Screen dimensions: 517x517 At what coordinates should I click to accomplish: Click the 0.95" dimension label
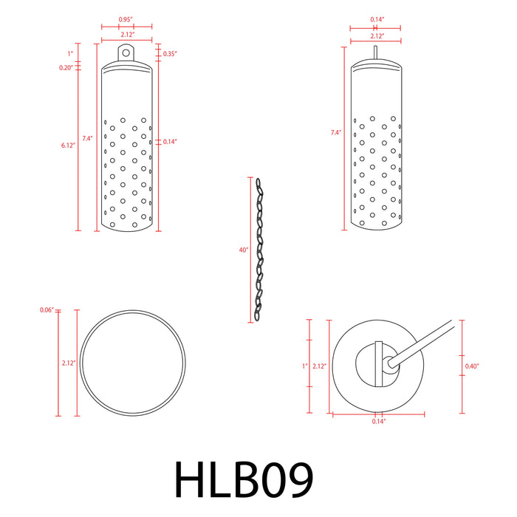click(x=126, y=19)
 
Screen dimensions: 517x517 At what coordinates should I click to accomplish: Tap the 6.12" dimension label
click(x=68, y=145)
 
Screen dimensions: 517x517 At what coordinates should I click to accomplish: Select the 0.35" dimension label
click(x=169, y=53)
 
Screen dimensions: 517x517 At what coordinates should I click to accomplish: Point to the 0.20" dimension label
click(x=66, y=67)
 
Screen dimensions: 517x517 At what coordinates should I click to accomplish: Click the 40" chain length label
click(x=243, y=250)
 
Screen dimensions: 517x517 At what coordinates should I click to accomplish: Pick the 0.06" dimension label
click(x=46, y=309)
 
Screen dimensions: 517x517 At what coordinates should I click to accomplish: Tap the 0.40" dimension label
click(x=473, y=366)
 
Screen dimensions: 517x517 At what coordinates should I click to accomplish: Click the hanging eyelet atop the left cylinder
click(x=126, y=52)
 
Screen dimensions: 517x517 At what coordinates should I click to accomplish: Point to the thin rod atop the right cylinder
click(x=375, y=52)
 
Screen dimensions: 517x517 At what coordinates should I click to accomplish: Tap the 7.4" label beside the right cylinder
click(x=336, y=133)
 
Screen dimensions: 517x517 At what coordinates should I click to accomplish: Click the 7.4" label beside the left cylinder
click(x=87, y=138)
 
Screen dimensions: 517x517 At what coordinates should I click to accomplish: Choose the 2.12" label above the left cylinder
click(x=126, y=34)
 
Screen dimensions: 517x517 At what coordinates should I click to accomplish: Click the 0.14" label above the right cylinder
click(x=375, y=19)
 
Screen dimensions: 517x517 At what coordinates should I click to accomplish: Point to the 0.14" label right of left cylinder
click(x=169, y=140)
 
